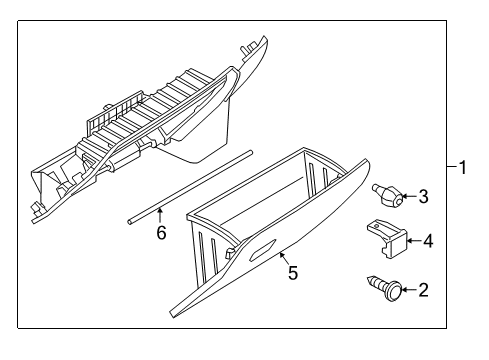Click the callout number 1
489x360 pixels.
click(x=461, y=167)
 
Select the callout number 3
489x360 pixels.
click(x=422, y=197)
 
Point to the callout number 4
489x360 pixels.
click(x=427, y=241)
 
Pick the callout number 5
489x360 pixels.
click(x=292, y=271)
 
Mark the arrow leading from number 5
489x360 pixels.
click(x=284, y=258)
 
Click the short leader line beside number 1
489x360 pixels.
click(x=449, y=167)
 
